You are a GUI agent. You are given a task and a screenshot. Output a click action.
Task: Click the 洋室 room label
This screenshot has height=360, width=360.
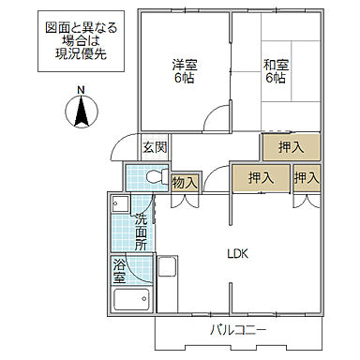(x=185, y=65)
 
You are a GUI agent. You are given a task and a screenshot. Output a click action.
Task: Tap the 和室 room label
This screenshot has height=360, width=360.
(x=277, y=65)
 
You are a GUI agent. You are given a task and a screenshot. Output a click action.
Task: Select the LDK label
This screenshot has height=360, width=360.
(x=237, y=252)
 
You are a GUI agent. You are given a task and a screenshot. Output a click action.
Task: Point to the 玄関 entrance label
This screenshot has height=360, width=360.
(x=155, y=147)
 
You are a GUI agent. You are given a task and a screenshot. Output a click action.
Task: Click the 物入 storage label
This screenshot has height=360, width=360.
(x=185, y=183)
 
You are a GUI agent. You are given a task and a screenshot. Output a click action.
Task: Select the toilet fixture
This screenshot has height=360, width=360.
(x=150, y=176)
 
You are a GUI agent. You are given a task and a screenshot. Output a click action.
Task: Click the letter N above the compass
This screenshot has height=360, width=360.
(x=81, y=90)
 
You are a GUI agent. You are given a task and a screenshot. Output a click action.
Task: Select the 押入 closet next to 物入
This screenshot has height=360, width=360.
(x=261, y=178)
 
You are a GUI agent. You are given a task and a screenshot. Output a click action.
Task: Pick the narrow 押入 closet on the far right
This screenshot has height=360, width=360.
(x=306, y=178)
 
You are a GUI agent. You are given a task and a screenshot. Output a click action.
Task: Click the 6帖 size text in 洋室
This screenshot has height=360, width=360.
(x=185, y=79)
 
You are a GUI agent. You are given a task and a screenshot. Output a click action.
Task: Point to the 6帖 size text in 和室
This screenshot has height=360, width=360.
(x=277, y=79)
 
